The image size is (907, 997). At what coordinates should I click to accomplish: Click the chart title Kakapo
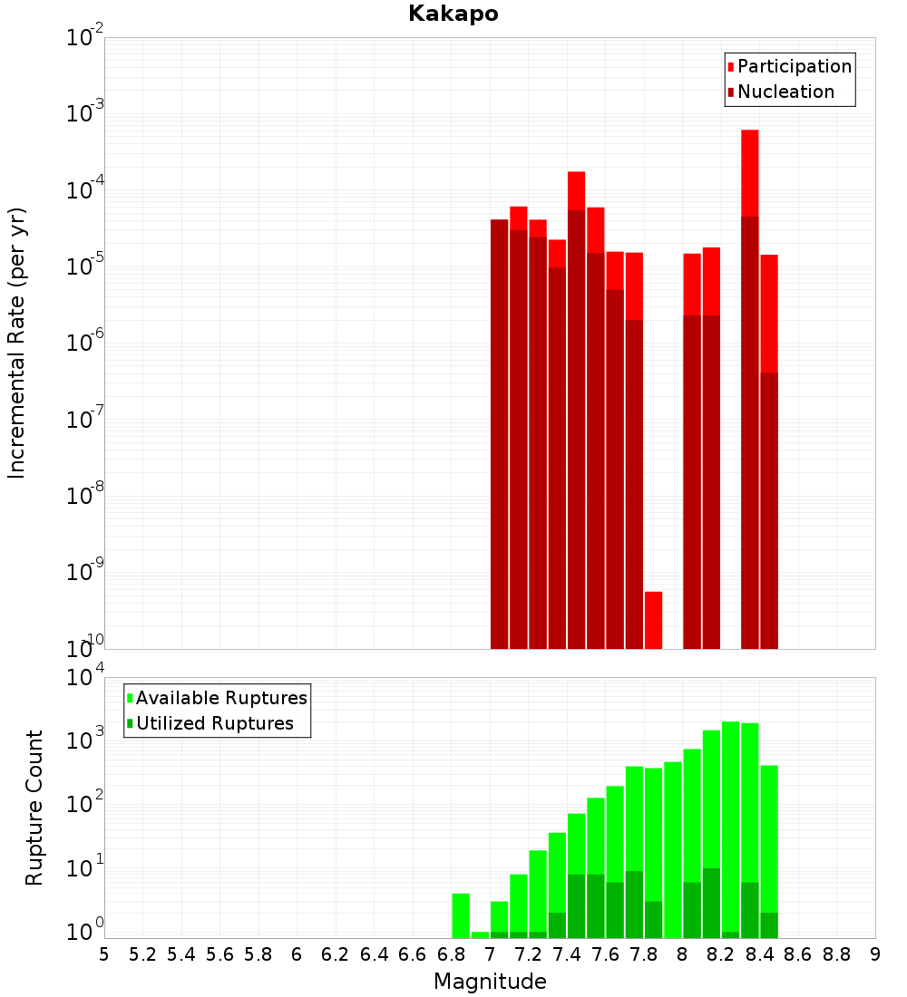coord(453,14)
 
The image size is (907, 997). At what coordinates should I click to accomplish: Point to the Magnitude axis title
coord(490,982)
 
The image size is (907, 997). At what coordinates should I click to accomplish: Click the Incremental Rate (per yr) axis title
coord(17,343)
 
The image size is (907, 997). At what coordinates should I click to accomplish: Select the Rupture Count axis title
coord(34,808)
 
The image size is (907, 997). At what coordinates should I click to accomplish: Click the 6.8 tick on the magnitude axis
coord(451,954)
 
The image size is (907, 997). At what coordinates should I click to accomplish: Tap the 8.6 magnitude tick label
coord(798,954)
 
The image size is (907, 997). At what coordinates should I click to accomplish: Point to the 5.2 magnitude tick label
coord(142,954)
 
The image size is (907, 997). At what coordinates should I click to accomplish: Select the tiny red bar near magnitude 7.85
coord(653,620)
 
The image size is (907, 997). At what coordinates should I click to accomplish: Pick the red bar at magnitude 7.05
coord(499,435)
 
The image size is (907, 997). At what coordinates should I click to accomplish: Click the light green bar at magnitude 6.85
coord(461,915)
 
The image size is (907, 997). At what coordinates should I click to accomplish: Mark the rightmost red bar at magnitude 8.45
coord(769,453)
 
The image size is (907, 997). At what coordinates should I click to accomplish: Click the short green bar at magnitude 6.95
coord(480,934)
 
